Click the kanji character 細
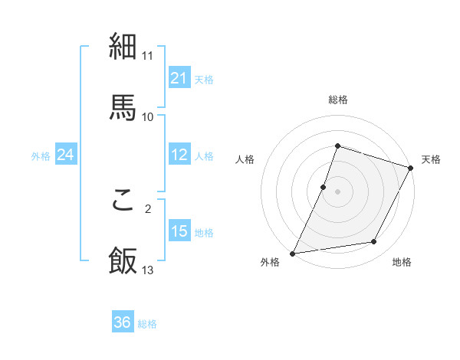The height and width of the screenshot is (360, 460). [x=123, y=47]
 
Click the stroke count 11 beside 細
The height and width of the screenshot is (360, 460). [x=148, y=56]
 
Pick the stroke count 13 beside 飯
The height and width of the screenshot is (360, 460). [x=148, y=270]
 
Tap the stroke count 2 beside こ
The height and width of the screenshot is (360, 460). [x=148, y=208]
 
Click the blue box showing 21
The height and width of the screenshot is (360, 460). [x=179, y=78]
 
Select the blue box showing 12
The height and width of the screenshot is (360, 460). [x=179, y=155]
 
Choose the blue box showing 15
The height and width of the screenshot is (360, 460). [x=179, y=232]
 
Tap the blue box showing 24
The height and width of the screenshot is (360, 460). [x=66, y=155]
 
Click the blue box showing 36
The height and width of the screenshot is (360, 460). [x=123, y=323]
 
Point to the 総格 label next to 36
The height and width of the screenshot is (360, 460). [x=147, y=324]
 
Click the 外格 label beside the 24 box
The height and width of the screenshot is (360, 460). [x=41, y=156]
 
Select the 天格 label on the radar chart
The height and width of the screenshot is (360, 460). [x=432, y=159]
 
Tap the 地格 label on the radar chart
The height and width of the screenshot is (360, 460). [x=402, y=262]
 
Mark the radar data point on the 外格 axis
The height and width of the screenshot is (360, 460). [x=293, y=254]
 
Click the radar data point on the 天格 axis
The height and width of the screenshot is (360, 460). [x=411, y=168]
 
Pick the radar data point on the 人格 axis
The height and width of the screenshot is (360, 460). [x=324, y=187]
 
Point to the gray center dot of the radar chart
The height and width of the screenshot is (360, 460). [x=337, y=191]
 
